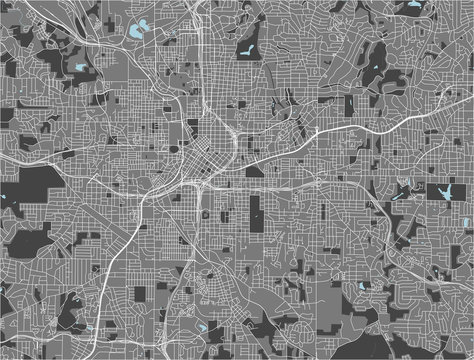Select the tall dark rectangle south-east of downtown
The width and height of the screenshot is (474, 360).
tap(255, 212)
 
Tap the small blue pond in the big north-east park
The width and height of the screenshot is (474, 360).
tap(375, 68)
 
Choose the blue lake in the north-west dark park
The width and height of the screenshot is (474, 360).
tap(78, 69)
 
